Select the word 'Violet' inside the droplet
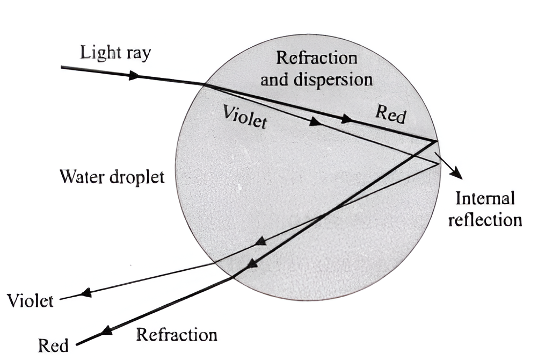point(245,115)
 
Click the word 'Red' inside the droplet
point(390,114)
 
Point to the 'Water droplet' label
point(112,176)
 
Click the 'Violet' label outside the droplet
point(31,300)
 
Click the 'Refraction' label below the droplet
point(177,335)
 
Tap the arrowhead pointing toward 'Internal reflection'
point(457,174)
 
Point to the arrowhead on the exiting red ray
point(107,331)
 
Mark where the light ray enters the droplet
point(204,84)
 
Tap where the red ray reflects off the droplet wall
point(435,141)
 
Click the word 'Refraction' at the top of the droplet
point(316,58)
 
